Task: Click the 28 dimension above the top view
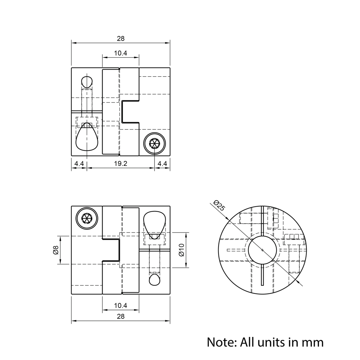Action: tap(121, 39)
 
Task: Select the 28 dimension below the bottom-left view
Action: tap(121, 316)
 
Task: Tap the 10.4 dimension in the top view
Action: tap(121, 53)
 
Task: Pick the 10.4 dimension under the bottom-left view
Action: tap(121, 305)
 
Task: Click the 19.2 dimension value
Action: tap(121, 163)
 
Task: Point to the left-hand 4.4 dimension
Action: tap(79, 163)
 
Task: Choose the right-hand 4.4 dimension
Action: tap(162, 163)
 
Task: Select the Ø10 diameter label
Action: tap(181, 250)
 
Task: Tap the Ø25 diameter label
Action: tap(219, 205)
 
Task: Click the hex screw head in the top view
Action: tap(154, 143)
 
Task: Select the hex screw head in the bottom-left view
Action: tap(87, 218)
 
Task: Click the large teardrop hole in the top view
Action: tap(86, 139)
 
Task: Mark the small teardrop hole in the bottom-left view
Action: tap(155, 279)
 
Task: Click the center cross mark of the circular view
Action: tap(262, 250)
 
